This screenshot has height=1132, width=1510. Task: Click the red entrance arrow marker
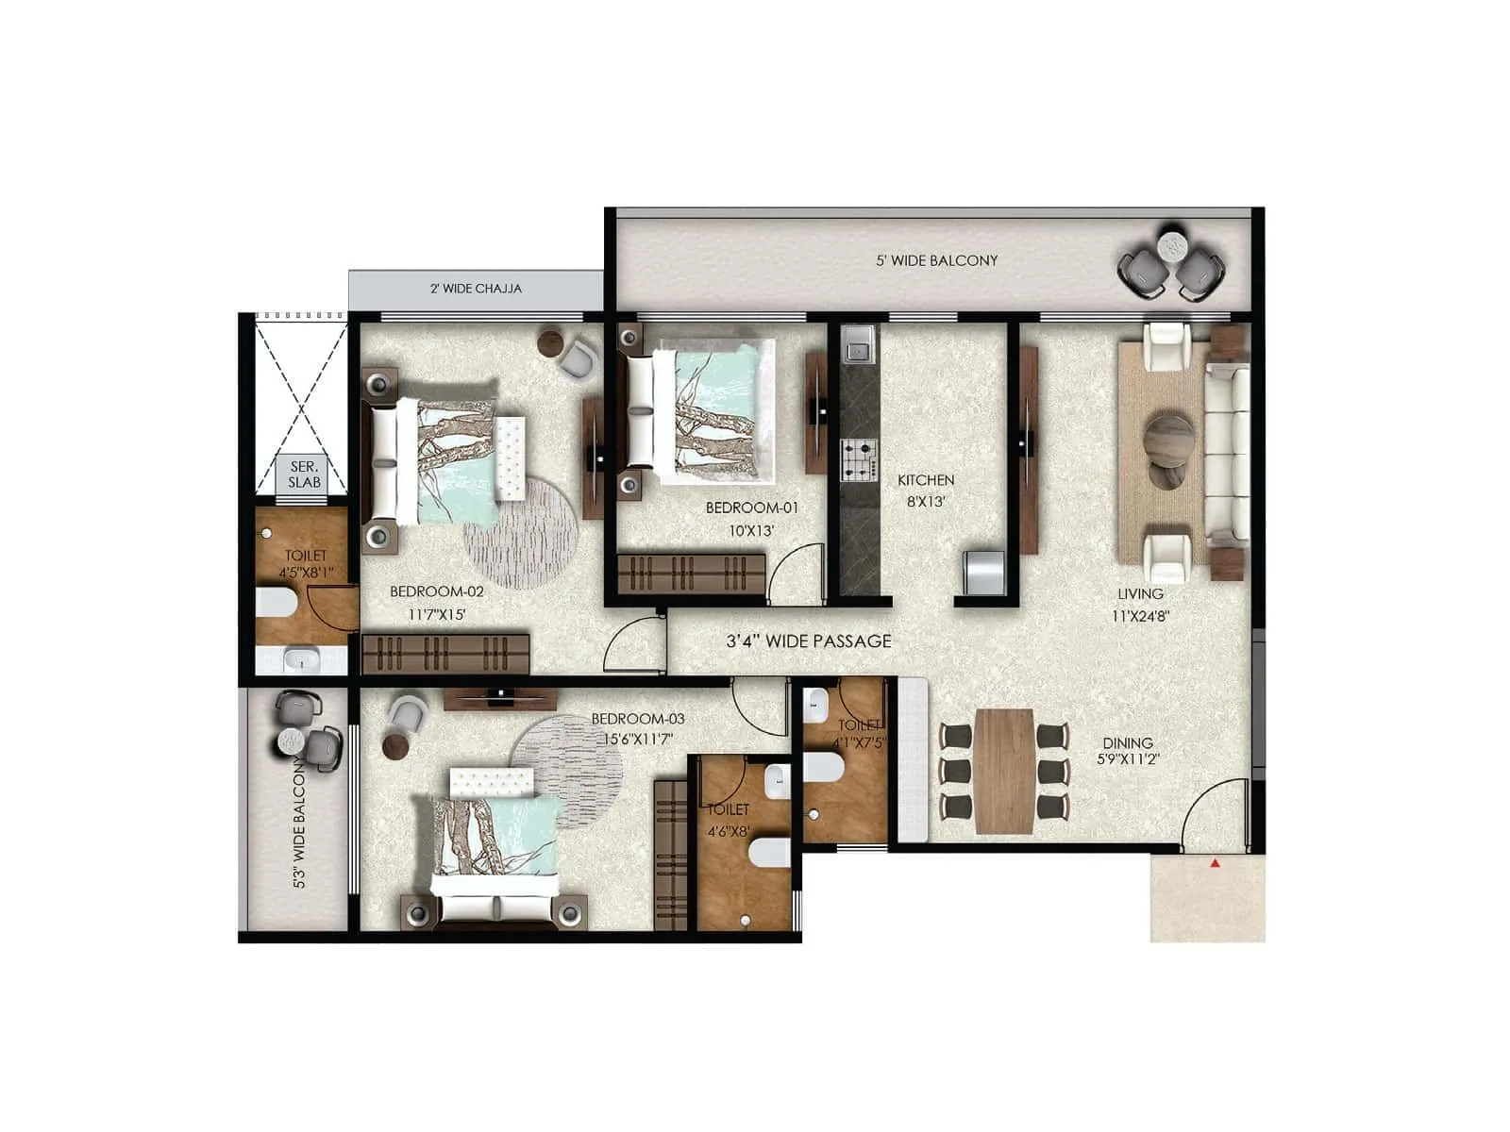[x=1216, y=862]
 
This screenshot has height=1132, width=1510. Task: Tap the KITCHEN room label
[x=925, y=480]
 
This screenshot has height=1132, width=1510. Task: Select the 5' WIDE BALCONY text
[x=936, y=260]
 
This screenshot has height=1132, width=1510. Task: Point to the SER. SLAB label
[x=304, y=474]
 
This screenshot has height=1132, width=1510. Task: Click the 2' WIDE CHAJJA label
[x=476, y=289]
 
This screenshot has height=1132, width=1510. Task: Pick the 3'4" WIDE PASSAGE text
[x=808, y=641]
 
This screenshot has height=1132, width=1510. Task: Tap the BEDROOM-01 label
[x=751, y=508]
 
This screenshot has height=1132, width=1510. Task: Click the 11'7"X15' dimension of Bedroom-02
[x=437, y=614]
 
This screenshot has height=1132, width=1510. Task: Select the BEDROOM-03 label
[x=638, y=719]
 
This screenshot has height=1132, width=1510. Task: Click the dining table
[x=1004, y=771]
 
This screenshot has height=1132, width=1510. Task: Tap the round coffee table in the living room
[x=1168, y=439]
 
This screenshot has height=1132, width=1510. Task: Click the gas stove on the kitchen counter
[x=858, y=459]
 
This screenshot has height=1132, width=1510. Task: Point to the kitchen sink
[x=858, y=349]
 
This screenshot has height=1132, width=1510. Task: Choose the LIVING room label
[x=1140, y=594]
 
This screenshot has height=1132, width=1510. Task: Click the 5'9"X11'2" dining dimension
[x=1128, y=758]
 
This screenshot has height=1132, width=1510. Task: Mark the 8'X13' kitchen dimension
[x=926, y=502]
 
